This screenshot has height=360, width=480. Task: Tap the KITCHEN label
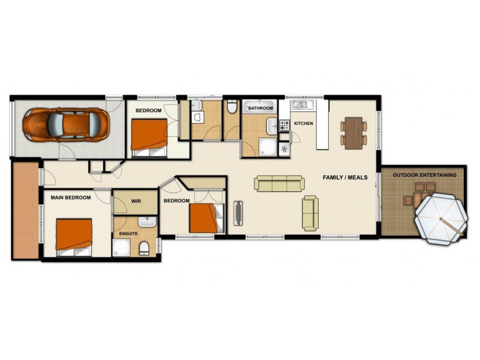coord(304,124)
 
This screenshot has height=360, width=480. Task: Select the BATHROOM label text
coord(261,108)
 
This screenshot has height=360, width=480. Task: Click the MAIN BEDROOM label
coord(71,197)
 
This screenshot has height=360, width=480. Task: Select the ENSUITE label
coord(129,233)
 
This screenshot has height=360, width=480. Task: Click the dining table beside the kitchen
coord(354,132)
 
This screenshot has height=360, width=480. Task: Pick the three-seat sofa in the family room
coord(279,183)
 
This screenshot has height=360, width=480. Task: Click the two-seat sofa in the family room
coord(310,213)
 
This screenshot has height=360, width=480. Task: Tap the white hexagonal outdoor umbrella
coord(441,219)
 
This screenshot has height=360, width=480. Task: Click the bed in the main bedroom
coord(74,236)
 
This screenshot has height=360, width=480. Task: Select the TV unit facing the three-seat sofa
coord(238,213)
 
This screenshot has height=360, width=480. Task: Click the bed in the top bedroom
coord(149,136)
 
